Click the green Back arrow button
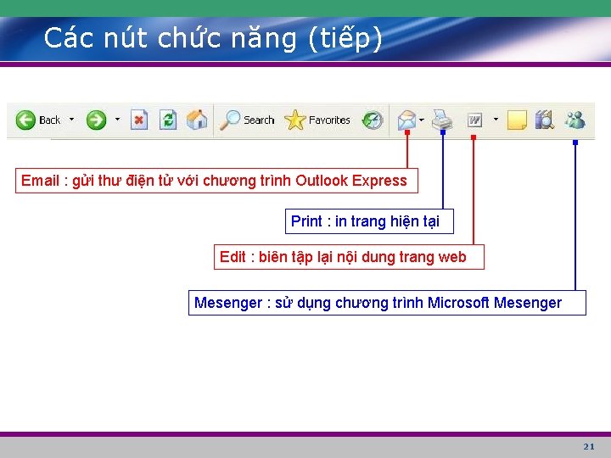(x=25, y=120)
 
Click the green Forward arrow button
(x=96, y=120)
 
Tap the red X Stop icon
(x=140, y=120)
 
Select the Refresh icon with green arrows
(x=168, y=120)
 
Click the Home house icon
(x=197, y=120)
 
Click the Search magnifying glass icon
(x=230, y=120)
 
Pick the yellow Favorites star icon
(x=295, y=120)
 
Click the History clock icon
(x=373, y=120)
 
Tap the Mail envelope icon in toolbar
(x=408, y=120)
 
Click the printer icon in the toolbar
(x=441, y=120)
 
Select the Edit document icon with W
(x=474, y=120)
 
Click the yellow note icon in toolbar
(x=517, y=120)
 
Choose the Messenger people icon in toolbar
(x=575, y=120)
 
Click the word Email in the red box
(x=40, y=181)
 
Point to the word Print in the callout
(x=306, y=221)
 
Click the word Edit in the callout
(x=233, y=257)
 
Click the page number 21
(x=589, y=446)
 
